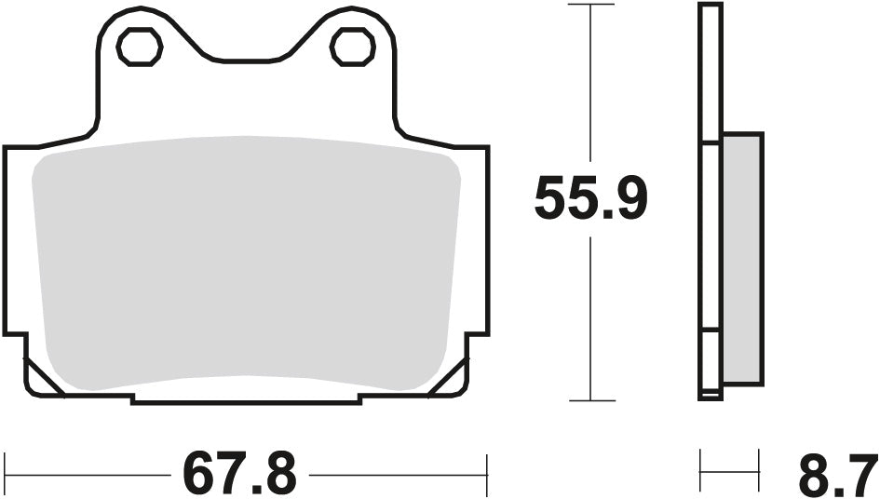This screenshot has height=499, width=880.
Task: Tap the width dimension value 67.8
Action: point(239,474)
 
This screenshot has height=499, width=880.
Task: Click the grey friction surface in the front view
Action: point(247,265)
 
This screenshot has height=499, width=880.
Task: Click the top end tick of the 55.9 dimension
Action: point(590,5)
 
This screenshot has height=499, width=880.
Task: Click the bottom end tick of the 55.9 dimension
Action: point(590,401)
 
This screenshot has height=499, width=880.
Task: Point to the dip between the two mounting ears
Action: point(246,60)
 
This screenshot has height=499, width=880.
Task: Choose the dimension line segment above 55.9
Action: point(590,93)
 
